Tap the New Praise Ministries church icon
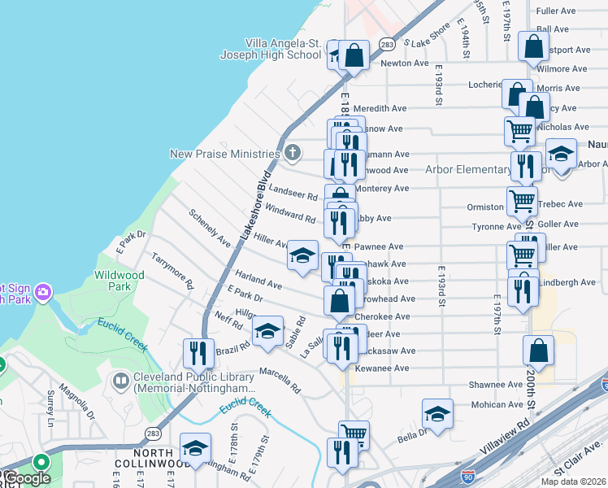pyautogui.click(x=292, y=153)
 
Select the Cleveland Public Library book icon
pyautogui.click(x=121, y=380)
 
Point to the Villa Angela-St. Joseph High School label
pyautogui.click(x=271, y=49)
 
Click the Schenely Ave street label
pyautogui.click(x=210, y=228)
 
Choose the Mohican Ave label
pyautogui.click(x=498, y=404)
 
